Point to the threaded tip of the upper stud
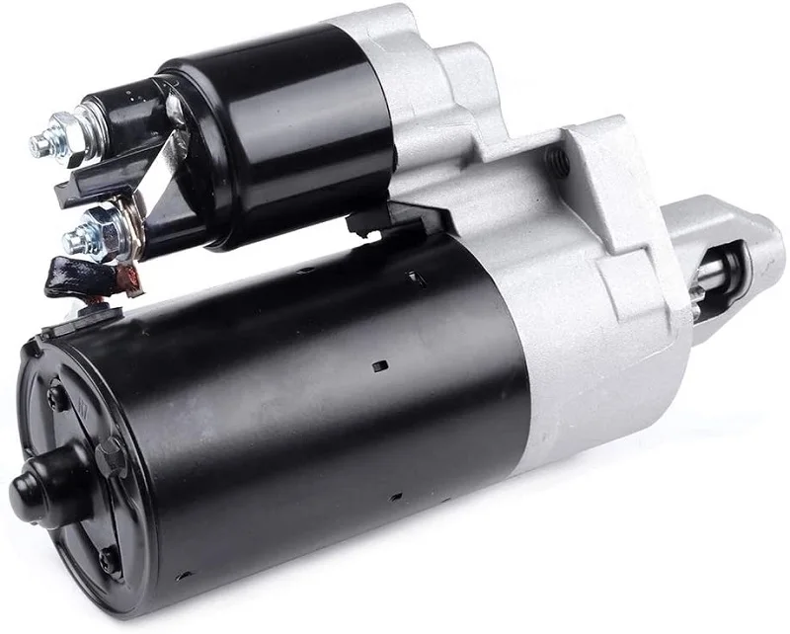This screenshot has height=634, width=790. pyautogui.click(x=38, y=146)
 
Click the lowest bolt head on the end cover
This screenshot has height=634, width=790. pyautogui.click(x=109, y=562)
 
